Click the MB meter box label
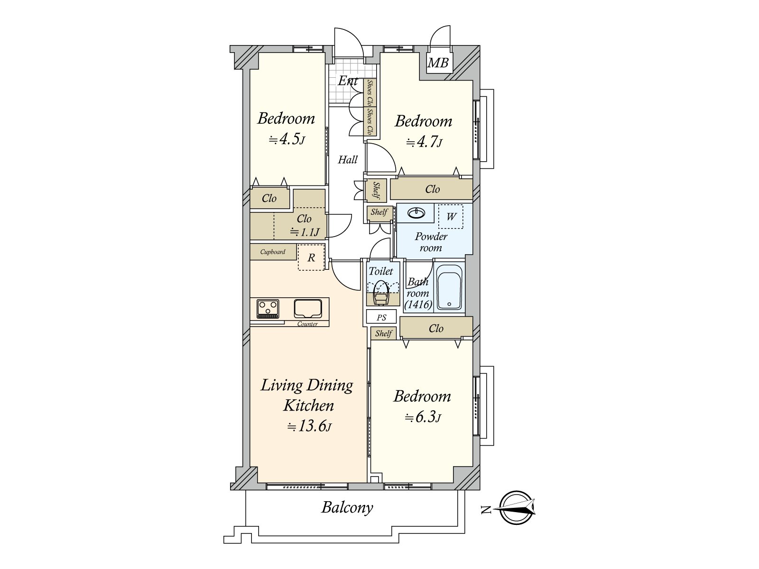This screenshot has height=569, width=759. pos(438,63)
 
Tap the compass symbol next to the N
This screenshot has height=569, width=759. pos(518,507)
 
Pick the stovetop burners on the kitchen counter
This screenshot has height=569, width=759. pos(268,309)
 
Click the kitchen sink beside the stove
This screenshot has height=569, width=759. pos(307,309)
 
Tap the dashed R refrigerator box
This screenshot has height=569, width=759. pos(311,257)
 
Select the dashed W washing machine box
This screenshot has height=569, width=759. pos(451,217)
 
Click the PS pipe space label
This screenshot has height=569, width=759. pos(381,318)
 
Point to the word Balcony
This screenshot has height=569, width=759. pos(347,508)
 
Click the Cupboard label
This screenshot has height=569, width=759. pos(273,252)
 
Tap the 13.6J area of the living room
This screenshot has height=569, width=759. pos(310,427)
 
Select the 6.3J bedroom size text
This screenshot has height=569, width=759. pos(423,417)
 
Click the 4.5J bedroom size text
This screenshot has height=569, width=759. pos(287,139)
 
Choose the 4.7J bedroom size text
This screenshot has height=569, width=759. pos(425,142)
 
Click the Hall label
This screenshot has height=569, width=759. pos(348,160)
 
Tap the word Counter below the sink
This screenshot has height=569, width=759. pos(307,324)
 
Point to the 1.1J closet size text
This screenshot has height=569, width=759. pos(305,232)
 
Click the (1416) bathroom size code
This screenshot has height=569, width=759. pos(418,304)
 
